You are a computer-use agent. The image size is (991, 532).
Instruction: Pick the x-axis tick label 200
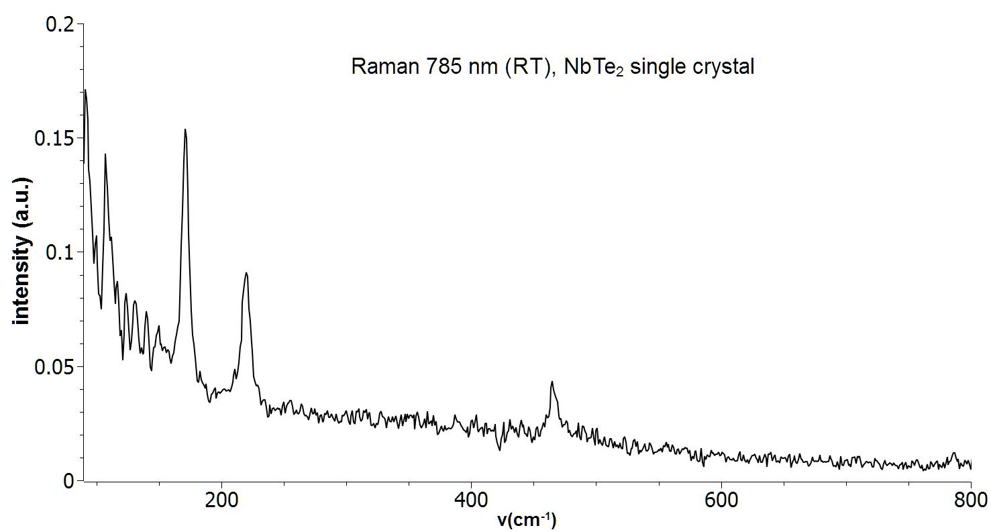(221, 500)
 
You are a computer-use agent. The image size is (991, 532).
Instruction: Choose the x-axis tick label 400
(471, 500)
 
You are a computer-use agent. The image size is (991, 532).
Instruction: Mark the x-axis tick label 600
(721, 500)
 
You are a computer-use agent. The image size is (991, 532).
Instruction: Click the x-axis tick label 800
(971, 500)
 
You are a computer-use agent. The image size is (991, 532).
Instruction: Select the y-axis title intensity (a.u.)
(22, 251)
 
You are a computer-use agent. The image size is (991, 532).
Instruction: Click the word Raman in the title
(380, 67)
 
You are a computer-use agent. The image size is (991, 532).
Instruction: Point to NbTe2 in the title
(594, 68)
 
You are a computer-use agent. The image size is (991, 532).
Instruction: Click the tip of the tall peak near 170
(185, 129)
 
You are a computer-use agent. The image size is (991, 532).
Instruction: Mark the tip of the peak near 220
(246, 272)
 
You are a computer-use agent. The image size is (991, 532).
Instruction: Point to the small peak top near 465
(552, 382)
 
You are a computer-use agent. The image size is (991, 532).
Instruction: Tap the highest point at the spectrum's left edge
(85, 90)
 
